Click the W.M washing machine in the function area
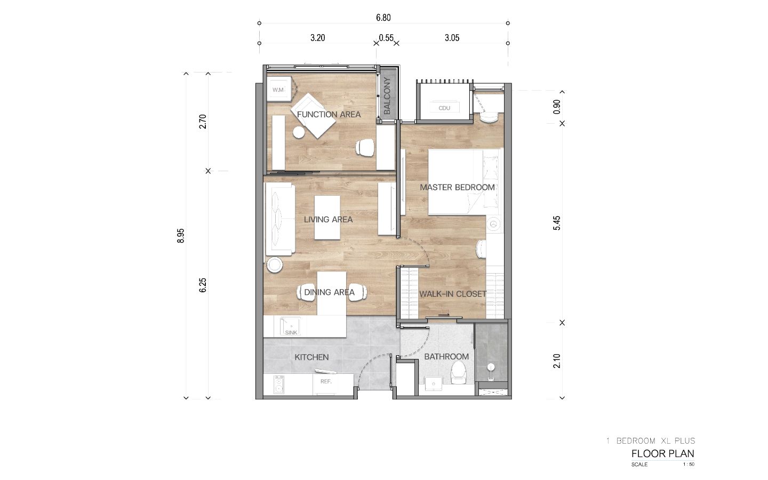click(x=279, y=89)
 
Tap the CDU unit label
click(x=444, y=108)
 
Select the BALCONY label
click(x=387, y=95)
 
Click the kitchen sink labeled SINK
click(x=290, y=326)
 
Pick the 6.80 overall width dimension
click(x=383, y=18)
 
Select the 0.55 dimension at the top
click(x=386, y=38)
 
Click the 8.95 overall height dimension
click(x=181, y=236)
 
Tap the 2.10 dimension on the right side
click(x=556, y=361)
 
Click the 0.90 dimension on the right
click(x=556, y=107)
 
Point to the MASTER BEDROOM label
click(x=458, y=187)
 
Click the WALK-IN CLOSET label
click(x=453, y=294)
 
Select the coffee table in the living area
click(x=327, y=218)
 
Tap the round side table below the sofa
click(x=275, y=265)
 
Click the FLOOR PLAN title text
click(x=663, y=453)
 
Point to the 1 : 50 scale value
click(x=689, y=465)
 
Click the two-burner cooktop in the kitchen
click(x=279, y=385)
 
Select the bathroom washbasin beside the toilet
click(x=434, y=384)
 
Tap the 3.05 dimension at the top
click(x=452, y=38)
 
